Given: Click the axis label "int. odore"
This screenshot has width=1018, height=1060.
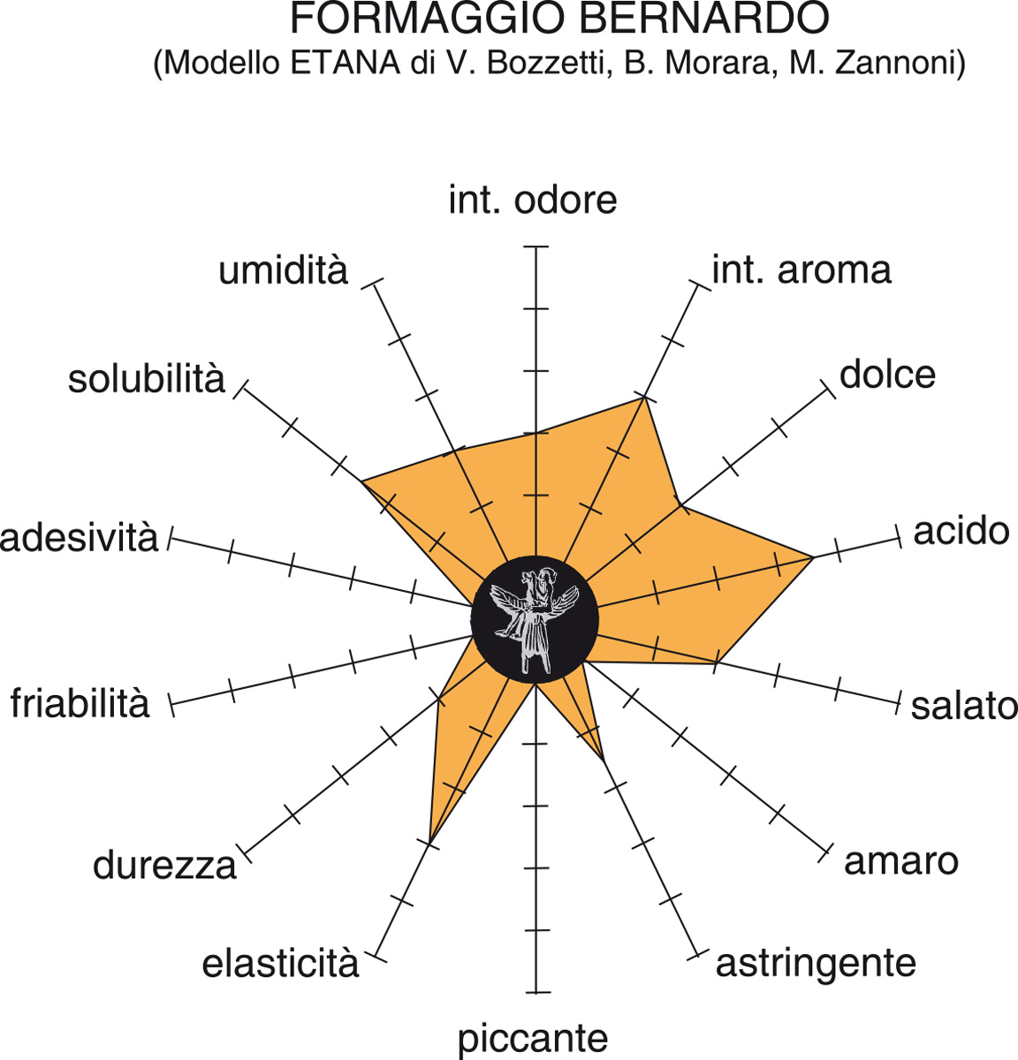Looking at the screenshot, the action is coord(533,200).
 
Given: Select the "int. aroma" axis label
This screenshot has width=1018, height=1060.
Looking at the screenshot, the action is coord(801,269).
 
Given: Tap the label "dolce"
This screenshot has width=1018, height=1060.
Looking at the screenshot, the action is coord(887,375).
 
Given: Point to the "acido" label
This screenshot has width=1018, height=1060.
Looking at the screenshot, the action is coord(961,531).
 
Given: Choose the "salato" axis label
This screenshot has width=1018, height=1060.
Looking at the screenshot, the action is coord(964,706).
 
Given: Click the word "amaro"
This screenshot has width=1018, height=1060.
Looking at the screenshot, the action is coord(900,860).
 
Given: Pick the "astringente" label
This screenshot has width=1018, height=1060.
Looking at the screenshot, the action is coord(816,963).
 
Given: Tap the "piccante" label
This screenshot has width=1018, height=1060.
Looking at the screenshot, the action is coord(533,1038).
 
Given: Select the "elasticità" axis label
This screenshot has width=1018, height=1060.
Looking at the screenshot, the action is coord(280,964).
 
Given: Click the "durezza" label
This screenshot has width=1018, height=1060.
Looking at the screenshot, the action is coord(164,865).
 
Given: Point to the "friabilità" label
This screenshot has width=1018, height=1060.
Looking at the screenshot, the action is coord(80,703).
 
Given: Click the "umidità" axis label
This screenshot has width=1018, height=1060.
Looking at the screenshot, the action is coord(283,270).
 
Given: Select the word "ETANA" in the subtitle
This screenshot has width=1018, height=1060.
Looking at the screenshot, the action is coord(345,64).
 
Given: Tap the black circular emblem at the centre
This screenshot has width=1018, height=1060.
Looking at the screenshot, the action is coord(535,619).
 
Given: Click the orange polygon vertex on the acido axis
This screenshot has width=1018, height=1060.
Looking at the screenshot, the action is coord(813,557).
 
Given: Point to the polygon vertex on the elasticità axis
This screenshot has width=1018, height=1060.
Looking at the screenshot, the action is coord(430,842).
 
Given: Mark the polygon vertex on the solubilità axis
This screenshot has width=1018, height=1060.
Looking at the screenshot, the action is coord(361,481).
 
